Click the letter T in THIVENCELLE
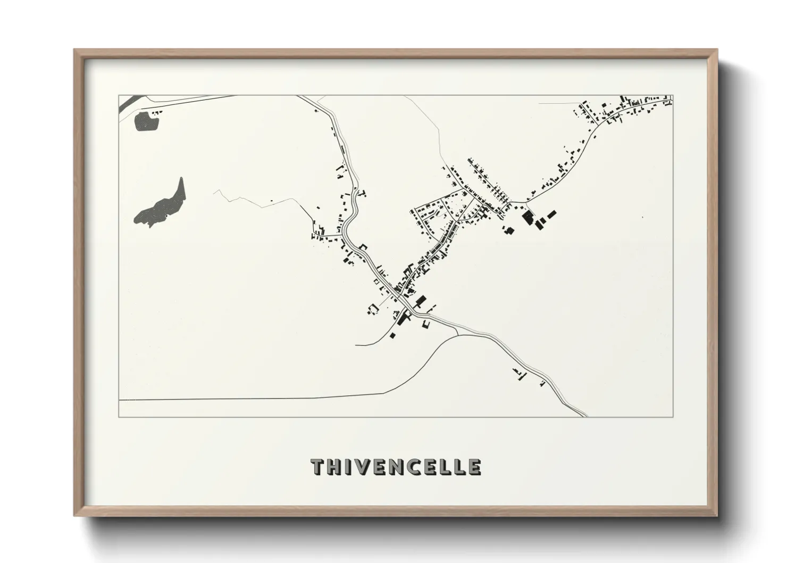coord(318,467)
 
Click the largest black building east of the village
coord(528,217)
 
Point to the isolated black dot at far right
coord(642,217)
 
